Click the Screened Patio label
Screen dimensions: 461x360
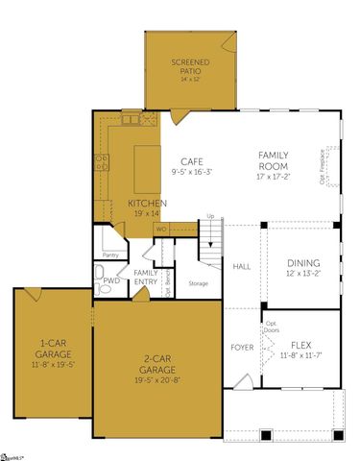[190, 66]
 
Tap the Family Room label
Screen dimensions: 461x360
[279, 159]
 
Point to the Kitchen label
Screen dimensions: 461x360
[148, 203]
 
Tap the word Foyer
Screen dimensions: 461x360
[242, 346]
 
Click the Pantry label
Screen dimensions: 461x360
[109, 255]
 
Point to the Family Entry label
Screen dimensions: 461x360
[146, 277]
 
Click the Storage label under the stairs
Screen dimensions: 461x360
[198, 283]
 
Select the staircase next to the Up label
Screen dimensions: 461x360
[210, 245]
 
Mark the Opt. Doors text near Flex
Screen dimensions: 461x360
[272, 326]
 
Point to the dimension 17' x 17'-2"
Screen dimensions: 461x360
[279, 177]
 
